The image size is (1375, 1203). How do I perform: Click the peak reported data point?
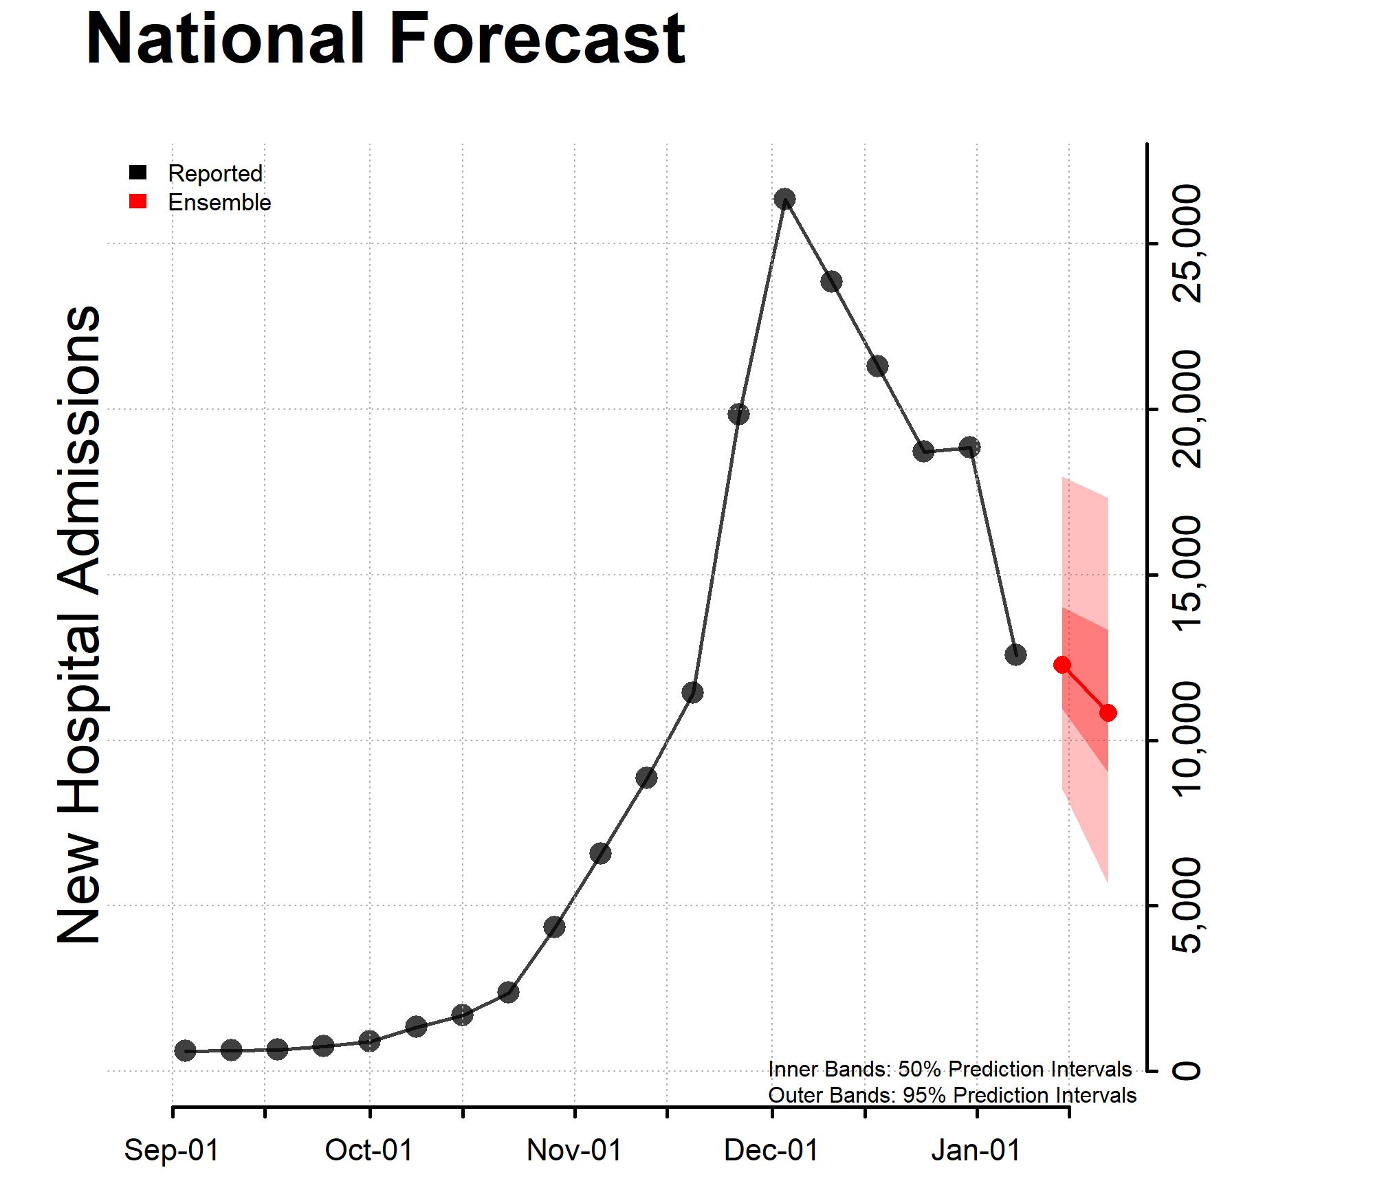784,199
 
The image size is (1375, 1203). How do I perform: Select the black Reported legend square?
138,173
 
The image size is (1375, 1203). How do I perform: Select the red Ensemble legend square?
138,201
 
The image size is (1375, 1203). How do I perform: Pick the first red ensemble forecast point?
1062,665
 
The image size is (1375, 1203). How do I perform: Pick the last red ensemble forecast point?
1108,713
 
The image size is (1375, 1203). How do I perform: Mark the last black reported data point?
1015,654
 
